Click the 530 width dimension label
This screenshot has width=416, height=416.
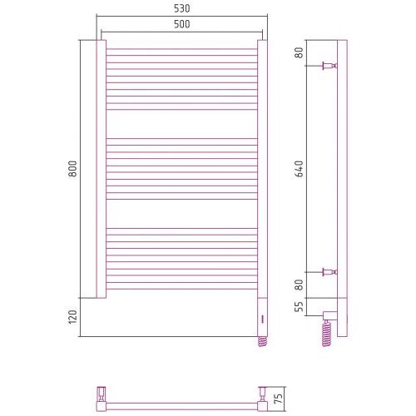pyautogui.click(x=182, y=8)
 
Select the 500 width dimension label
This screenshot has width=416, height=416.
pyautogui.click(x=182, y=24)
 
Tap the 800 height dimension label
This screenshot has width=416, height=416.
pyautogui.click(x=73, y=169)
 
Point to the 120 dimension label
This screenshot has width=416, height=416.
pyautogui.click(x=73, y=317)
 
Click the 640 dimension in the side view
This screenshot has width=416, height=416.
pyautogui.click(x=300, y=169)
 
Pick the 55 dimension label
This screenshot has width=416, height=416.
pyautogui.click(x=300, y=306)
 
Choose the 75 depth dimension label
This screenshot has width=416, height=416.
pyautogui.click(x=280, y=399)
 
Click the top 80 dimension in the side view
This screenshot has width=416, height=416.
pyautogui.click(x=300, y=52)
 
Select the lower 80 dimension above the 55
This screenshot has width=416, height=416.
pyautogui.click(x=300, y=285)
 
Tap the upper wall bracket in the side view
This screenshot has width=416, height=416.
pyautogui.click(x=329, y=66)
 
